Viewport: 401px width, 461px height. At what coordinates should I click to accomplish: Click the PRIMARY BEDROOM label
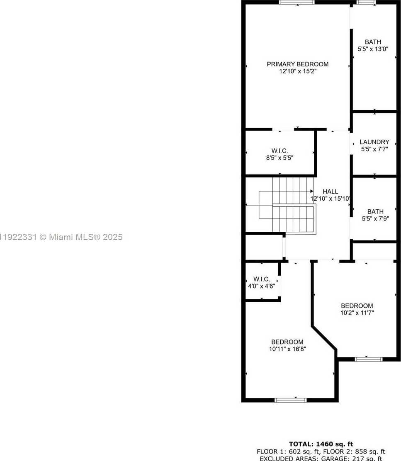click(297, 64)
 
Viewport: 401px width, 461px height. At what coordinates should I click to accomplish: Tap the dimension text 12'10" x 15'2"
click(297, 71)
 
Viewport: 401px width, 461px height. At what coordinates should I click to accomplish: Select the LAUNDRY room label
click(374, 142)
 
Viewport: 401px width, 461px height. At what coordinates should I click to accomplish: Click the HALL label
click(331, 192)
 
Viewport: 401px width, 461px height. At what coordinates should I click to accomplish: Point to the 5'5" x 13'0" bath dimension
click(373, 49)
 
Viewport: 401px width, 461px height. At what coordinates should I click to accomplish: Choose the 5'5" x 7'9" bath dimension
click(373, 218)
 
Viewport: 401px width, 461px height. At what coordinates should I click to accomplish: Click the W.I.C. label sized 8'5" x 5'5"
click(279, 151)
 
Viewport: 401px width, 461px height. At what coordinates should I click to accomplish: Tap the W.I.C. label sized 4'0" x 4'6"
click(262, 279)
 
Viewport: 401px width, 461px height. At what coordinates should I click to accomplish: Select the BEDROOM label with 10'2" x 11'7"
click(357, 306)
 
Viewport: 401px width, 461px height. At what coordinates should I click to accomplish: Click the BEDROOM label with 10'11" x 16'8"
click(287, 342)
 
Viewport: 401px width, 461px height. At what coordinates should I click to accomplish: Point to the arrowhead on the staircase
click(311, 191)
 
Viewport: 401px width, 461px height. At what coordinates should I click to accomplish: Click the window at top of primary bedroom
click(296, 2)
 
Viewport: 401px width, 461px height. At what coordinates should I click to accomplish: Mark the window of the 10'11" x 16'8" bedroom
click(290, 400)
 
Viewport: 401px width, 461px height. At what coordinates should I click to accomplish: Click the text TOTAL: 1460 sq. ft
click(321, 444)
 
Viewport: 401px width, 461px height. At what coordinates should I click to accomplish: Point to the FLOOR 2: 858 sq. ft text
click(356, 451)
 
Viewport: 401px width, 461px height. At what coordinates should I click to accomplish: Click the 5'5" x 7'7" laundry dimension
click(374, 149)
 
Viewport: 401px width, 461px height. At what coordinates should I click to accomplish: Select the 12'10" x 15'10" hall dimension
click(331, 199)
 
